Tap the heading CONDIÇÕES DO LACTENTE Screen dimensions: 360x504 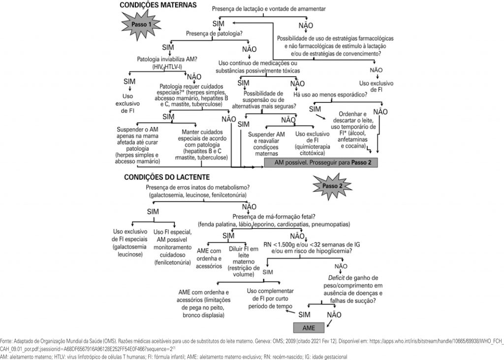167,176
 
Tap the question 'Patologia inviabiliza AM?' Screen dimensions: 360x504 167,60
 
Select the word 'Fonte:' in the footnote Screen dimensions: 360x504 6,340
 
